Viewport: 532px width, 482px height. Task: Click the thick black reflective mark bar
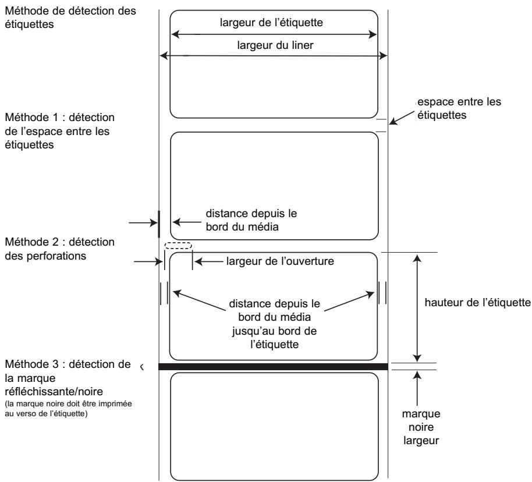point(273,367)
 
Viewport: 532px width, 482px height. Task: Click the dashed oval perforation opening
point(178,247)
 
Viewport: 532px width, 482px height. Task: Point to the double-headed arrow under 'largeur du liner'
point(274,56)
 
